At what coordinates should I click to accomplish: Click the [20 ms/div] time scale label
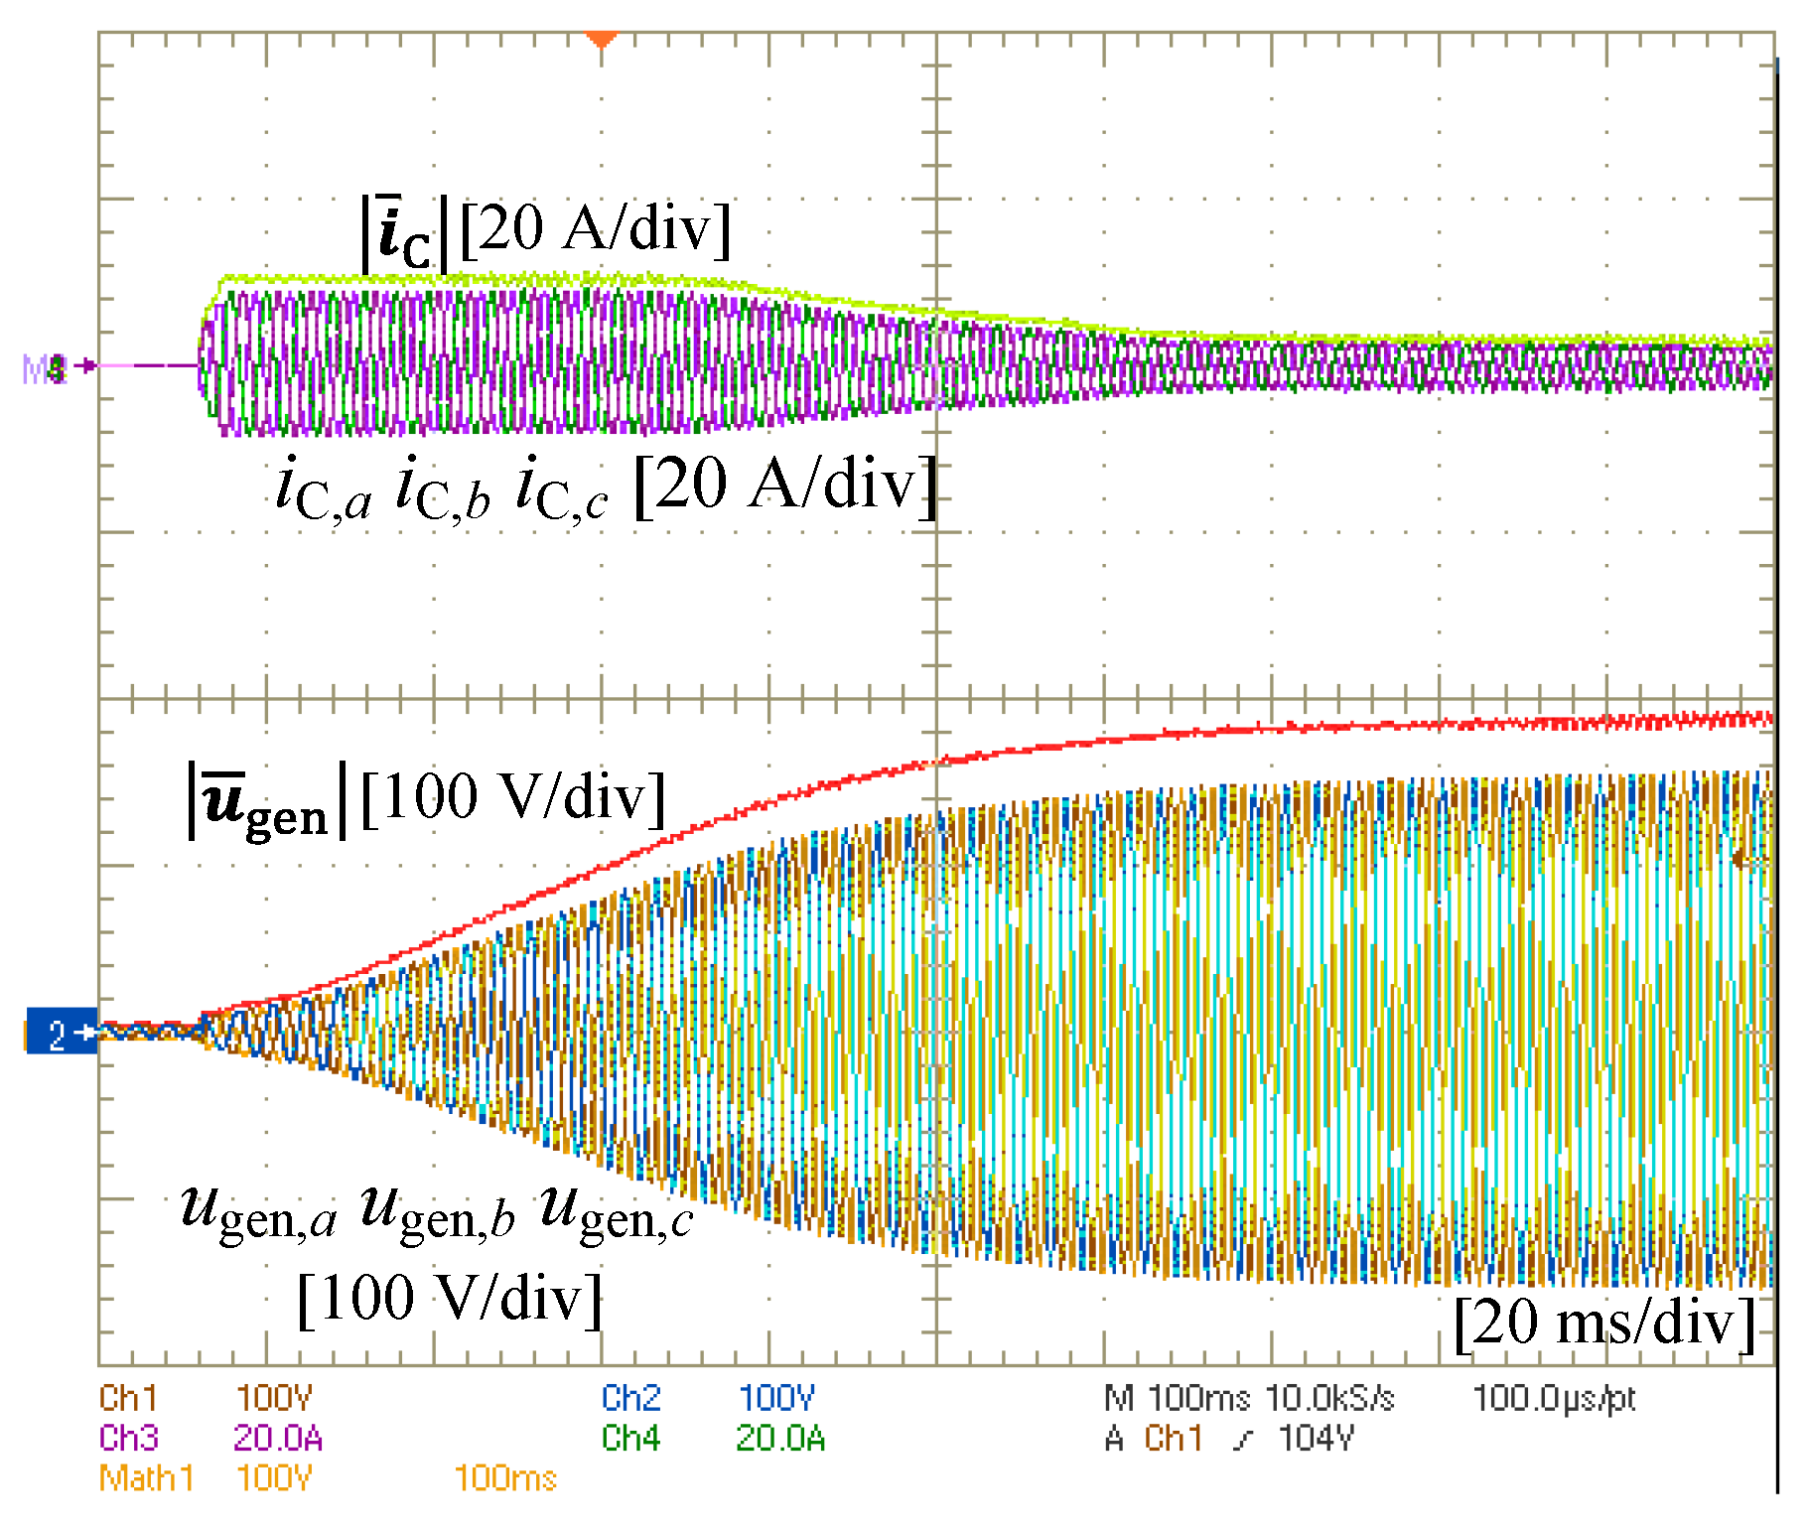point(1604,1323)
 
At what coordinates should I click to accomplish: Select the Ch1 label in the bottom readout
point(128,1398)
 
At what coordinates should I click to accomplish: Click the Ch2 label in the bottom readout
point(630,1398)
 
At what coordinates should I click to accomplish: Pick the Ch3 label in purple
point(128,1438)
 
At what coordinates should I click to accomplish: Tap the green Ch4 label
point(630,1438)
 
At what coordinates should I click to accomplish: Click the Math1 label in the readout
point(146,1478)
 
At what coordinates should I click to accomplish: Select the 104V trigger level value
point(1316,1438)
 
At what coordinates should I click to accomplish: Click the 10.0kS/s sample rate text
point(1329,1398)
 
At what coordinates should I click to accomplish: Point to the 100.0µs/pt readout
point(1554,1398)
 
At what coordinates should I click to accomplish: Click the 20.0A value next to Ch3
point(277,1438)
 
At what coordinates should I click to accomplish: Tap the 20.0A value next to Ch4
point(780,1438)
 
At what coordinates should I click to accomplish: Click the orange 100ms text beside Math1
point(505,1478)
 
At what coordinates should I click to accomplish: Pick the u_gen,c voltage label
point(617,1212)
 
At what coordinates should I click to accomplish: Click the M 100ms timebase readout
point(1177,1398)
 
